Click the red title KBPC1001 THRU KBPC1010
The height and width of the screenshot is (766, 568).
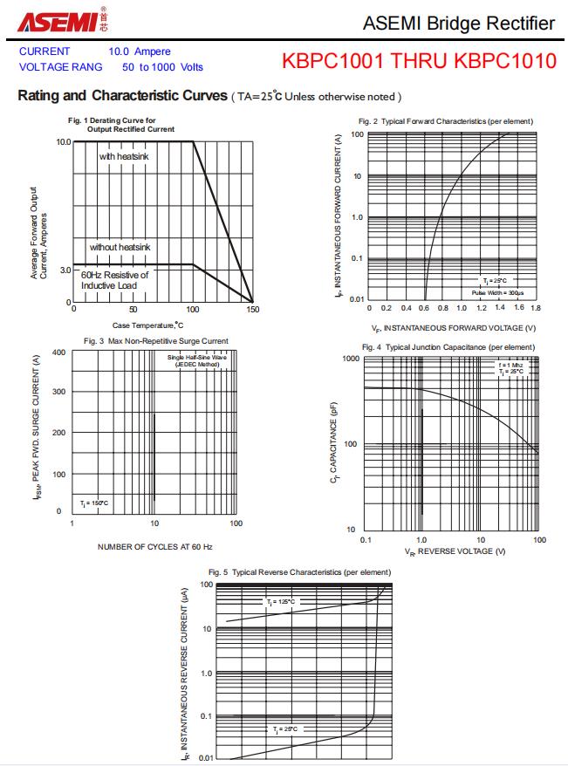(x=419, y=61)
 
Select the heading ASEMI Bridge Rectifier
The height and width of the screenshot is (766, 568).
(x=458, y=24)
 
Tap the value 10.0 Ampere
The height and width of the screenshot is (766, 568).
(x=140, y=51)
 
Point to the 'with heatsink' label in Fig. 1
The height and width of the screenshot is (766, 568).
(x=125, y=156)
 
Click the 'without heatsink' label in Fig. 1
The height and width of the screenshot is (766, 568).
(x=120, y=247)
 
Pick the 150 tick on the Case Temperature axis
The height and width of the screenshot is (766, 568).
(x=252, y=309)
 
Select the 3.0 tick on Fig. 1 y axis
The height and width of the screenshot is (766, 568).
(x=65, y=270)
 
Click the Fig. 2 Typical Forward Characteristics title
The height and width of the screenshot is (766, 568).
(x=445, y=120)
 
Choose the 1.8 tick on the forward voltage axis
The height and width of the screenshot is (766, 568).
(x=535, y=308)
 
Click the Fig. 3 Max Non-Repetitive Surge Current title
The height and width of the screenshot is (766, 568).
(x=156, y=340)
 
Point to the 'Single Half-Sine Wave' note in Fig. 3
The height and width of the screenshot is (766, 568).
(x=197, y=357)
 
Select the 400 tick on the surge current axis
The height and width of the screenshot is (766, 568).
(x=59, y=352)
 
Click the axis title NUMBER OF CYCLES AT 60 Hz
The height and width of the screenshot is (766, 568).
(x=154, y=546)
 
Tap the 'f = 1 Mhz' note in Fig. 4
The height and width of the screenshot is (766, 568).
(x=511, y=364)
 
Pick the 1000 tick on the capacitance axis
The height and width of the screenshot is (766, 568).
(x=350, y=359)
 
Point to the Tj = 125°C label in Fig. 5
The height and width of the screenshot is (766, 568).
(x=281, y=602)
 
